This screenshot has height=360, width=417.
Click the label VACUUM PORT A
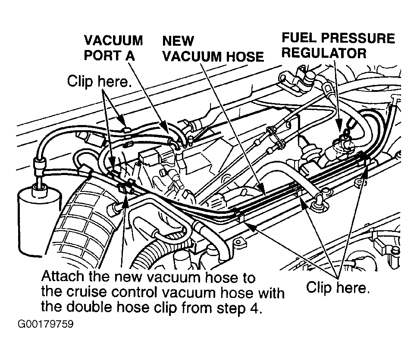(x=113, y=48)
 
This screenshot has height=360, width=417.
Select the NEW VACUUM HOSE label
(x=213, y=49)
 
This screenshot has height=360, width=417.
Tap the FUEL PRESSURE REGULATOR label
(x=338, y=45)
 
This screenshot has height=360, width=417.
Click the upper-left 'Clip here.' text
(x=100, y=81)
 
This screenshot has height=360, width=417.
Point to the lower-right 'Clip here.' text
(x=338, y=288)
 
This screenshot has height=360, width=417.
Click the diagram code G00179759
(x=45, y=324)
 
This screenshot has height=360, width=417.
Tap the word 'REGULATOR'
(x=324, y=53)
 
